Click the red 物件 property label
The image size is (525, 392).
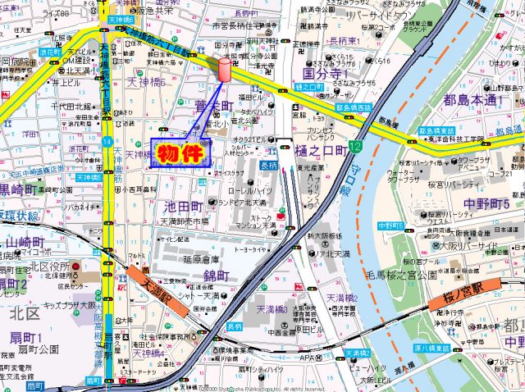[x=179, y=154]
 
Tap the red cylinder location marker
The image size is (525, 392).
[x=223, y=70]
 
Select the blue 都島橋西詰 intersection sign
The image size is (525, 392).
[x=353, y=107]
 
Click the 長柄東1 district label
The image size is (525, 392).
[x=347, y=40]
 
